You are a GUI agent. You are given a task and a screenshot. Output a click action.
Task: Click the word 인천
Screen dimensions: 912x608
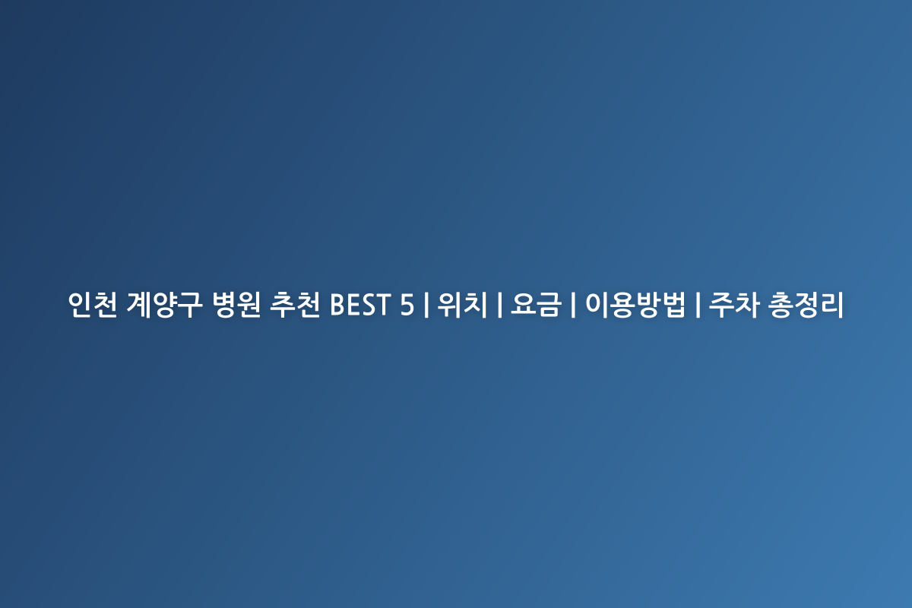pyautogui.click(x=93, y=305)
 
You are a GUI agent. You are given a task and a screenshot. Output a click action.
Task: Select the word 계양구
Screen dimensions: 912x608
pyautogui.click(x=164, y=305)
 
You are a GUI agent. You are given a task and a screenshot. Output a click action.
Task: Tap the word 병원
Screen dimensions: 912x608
pyautogui.click(x=236, y=305)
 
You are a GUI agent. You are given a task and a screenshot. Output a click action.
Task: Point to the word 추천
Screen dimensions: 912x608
pyautogui.click(x=295, y=305)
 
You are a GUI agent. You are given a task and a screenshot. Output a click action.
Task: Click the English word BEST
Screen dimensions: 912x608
pyautogui.click(x=360, y=305)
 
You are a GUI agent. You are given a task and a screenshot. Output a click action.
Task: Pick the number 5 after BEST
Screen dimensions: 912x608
pyautogui.click(x=407, y=305)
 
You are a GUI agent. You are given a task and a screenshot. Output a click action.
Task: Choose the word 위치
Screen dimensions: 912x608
pyautogui.click(x=463, y=305)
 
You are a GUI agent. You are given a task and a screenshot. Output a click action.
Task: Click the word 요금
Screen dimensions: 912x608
pyautogui.click(x=537, y=305)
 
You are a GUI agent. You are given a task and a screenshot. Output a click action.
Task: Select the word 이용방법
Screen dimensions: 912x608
pyautogui.click(x=635, y=305)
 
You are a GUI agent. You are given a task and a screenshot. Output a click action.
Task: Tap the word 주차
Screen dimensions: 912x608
pyautogui.click(x=734, y=305)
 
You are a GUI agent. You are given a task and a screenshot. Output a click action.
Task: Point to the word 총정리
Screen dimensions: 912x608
pyautogui.click(x=806, y=305)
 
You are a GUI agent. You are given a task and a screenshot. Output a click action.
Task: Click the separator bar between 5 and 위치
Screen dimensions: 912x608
pyautogui.click(x=426, y=305)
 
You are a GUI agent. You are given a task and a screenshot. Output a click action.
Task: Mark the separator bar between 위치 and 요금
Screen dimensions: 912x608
pyautogui.click(x=499, y=305)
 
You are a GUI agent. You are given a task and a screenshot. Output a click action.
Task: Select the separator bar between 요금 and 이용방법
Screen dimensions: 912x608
pyautogui.click(x=574, y=305)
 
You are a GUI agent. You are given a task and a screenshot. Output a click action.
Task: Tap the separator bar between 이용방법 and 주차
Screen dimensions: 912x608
pyautogui.click(x=698, y=305)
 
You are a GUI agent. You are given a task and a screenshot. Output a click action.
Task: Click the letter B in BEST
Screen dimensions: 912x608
pyautogui.click(x=337, y=305)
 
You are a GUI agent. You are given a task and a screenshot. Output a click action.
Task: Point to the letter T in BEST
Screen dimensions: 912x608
pyautogui.click(x=383, y=305)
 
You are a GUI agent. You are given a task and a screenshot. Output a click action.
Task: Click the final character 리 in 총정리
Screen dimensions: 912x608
pyautogui.click(x=831, y=305)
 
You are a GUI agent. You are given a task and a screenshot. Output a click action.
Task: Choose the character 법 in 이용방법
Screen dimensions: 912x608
pyautogui.click(x=674, y=305)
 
